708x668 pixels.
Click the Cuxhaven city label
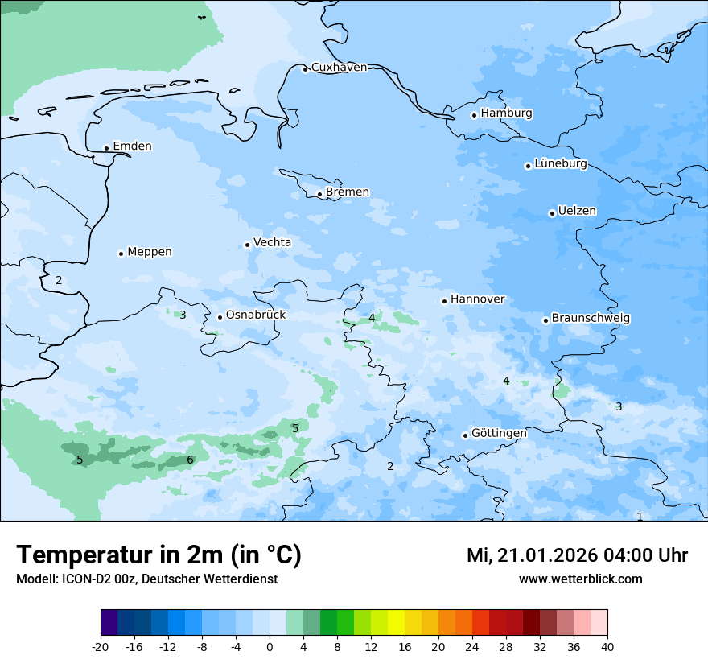(x=339, y=68)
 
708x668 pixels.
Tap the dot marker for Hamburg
(x=475, y=115)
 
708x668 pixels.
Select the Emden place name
(x=132, y=146)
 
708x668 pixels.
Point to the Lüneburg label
(x=561, y=164)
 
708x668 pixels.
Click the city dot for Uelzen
(x=553, y=213)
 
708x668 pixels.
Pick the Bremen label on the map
(x=348, y=192)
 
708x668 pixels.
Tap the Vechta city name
(x=272, y=242)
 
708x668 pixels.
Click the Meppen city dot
(x=121, y=254)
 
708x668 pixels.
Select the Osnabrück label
(x=256, y=315)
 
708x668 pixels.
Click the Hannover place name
(x=477, y=299)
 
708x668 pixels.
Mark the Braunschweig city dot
(x=545, y=320)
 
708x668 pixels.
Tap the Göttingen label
(x=499, y=433)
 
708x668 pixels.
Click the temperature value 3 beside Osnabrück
(x=183, y=315)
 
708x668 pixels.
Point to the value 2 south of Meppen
(x=59, y=280)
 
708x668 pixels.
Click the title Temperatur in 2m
(x=158, y=555)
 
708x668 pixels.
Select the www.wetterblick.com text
(x=580, y=579)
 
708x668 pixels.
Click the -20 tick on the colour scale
(x=101, y=647)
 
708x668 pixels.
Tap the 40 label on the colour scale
(x=607, y=647)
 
